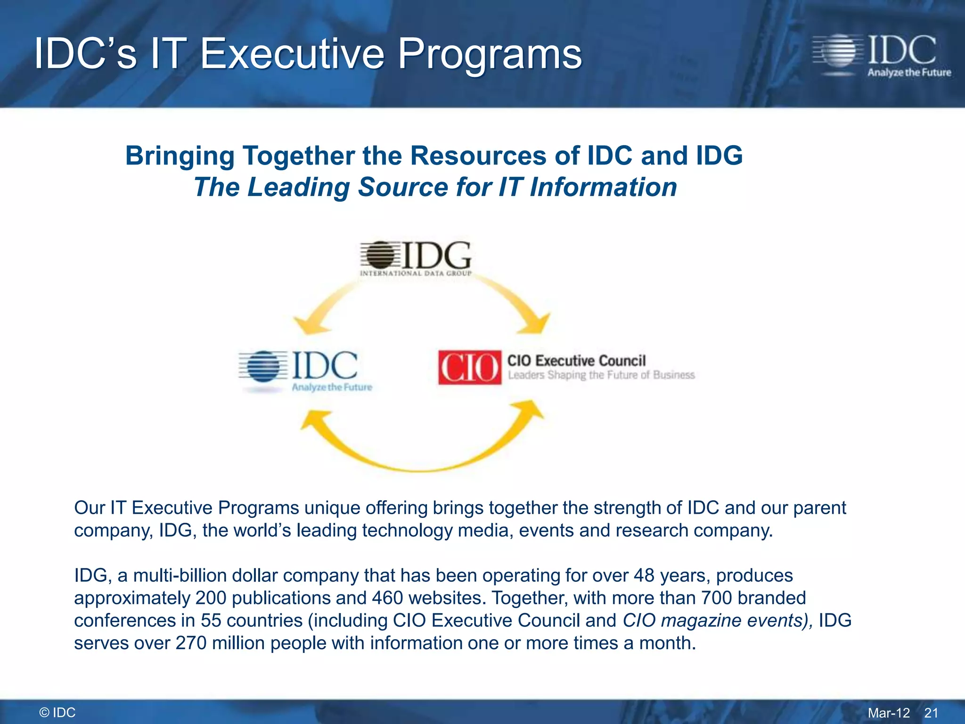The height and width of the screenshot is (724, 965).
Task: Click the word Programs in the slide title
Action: (x=490, y=54)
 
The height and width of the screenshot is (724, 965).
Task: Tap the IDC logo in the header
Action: (x=881, y=56)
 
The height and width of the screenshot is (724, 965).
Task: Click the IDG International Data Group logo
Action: (x=416, y=258)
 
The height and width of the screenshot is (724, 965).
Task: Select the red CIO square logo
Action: (x=469, y=367)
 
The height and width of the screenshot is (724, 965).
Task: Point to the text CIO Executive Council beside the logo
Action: (x=576, y=361)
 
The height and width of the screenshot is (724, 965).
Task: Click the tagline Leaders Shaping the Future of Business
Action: (x=601, y=375)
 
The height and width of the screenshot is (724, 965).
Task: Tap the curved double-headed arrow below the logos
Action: (x=422, y=452)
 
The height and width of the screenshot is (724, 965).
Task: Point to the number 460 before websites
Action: (x=387, y=598)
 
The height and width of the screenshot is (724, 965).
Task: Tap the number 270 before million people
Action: (x=191, y=643)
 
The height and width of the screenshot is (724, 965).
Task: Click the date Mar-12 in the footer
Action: (x=889, y=713)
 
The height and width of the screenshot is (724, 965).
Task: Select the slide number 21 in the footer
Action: (x=931, y=713)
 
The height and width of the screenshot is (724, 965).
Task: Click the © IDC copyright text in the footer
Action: (x=57, y=713)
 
